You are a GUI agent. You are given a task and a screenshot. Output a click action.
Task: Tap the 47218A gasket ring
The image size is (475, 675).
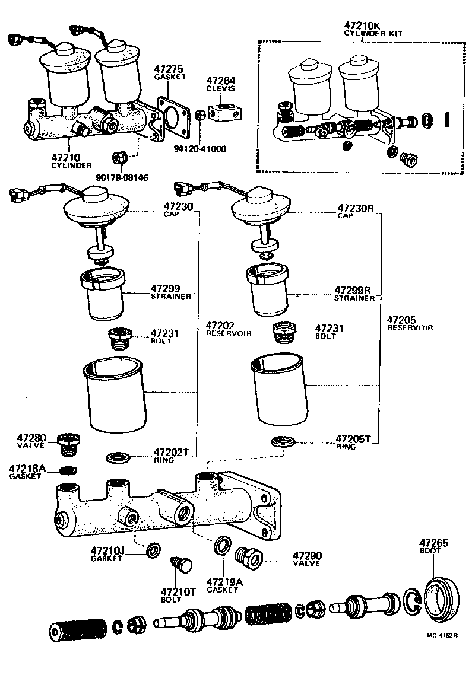click(69, 471)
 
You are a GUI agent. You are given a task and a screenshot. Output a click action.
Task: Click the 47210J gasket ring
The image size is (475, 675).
click(153, 549)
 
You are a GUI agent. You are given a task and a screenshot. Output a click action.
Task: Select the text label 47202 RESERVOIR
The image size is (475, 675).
click(229, 329)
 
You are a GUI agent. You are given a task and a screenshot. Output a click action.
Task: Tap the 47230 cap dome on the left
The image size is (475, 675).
click(96, 205)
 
